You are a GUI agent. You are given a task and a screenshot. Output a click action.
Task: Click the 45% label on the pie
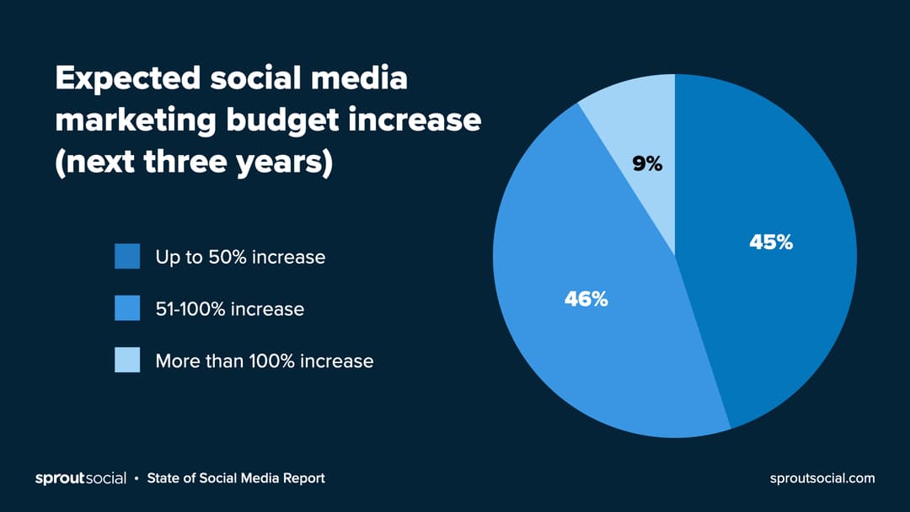[x=771, y=243]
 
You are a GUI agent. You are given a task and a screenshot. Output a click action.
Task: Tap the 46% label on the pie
[x=586, y=299]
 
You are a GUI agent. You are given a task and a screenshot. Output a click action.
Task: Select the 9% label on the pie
[x=647, y=165]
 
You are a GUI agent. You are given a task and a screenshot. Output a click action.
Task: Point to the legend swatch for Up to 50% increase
[x=127, y=257]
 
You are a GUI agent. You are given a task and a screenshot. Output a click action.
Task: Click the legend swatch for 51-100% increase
[x=127, y=308]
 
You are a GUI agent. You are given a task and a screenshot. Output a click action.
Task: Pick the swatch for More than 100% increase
[x=127, y=360]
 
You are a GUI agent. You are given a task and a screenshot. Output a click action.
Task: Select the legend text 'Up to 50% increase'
[x=240, y=257]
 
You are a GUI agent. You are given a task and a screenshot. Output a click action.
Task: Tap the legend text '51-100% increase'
[x=229, y=309]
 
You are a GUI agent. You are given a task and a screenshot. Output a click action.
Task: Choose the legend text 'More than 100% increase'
[x=264, y=361]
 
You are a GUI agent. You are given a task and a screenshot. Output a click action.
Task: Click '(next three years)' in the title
[x=194, y=162]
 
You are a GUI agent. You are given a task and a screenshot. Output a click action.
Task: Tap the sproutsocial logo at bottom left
[x=80, y=478]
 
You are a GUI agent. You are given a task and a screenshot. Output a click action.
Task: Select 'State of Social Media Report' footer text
[x=236, y=478]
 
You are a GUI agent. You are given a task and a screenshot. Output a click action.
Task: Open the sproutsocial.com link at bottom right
[x=822, y=478]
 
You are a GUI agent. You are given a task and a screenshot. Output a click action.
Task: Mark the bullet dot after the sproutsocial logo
[x=136, y=479]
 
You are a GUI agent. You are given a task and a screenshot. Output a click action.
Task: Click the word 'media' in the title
[x=360, y=79]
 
